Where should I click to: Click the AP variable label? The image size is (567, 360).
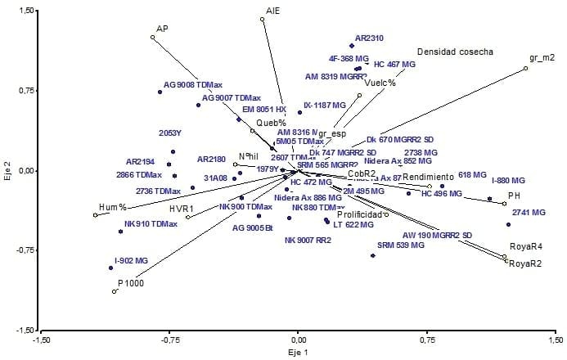(162, 28)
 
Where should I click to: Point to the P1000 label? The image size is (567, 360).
(130, 282)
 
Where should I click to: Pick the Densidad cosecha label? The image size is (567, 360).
(455, 52)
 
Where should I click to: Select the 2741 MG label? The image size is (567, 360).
(528, 212)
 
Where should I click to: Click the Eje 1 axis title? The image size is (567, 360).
(298, 352)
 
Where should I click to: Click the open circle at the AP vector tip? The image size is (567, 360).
(152, 37)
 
